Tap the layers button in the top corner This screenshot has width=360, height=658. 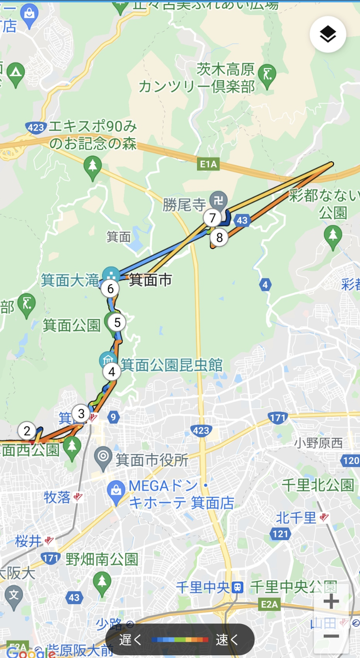(x=328, y=35)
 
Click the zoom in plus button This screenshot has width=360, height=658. (x=331, y=601)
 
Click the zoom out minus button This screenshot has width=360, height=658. (x=331, y=636)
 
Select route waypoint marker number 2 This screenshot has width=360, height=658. (x=27, y=431)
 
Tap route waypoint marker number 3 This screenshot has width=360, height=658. (x=81, y=413)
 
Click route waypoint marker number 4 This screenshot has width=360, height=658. (x=112, y=372)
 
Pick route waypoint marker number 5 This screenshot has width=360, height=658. (x=117, y=322)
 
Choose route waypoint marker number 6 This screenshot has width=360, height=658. (x=111, y=288)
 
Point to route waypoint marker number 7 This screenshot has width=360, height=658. (x=212, y=218)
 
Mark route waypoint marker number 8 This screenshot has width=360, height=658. (x=220, y=237)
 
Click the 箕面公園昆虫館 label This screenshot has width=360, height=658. (x=172, y=364)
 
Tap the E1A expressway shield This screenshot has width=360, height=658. (x=209, y=163)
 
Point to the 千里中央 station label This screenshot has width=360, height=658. (x=202, y=587)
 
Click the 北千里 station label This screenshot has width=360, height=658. (x=296, y=517)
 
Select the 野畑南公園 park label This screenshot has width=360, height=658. (x=101, y=559)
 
